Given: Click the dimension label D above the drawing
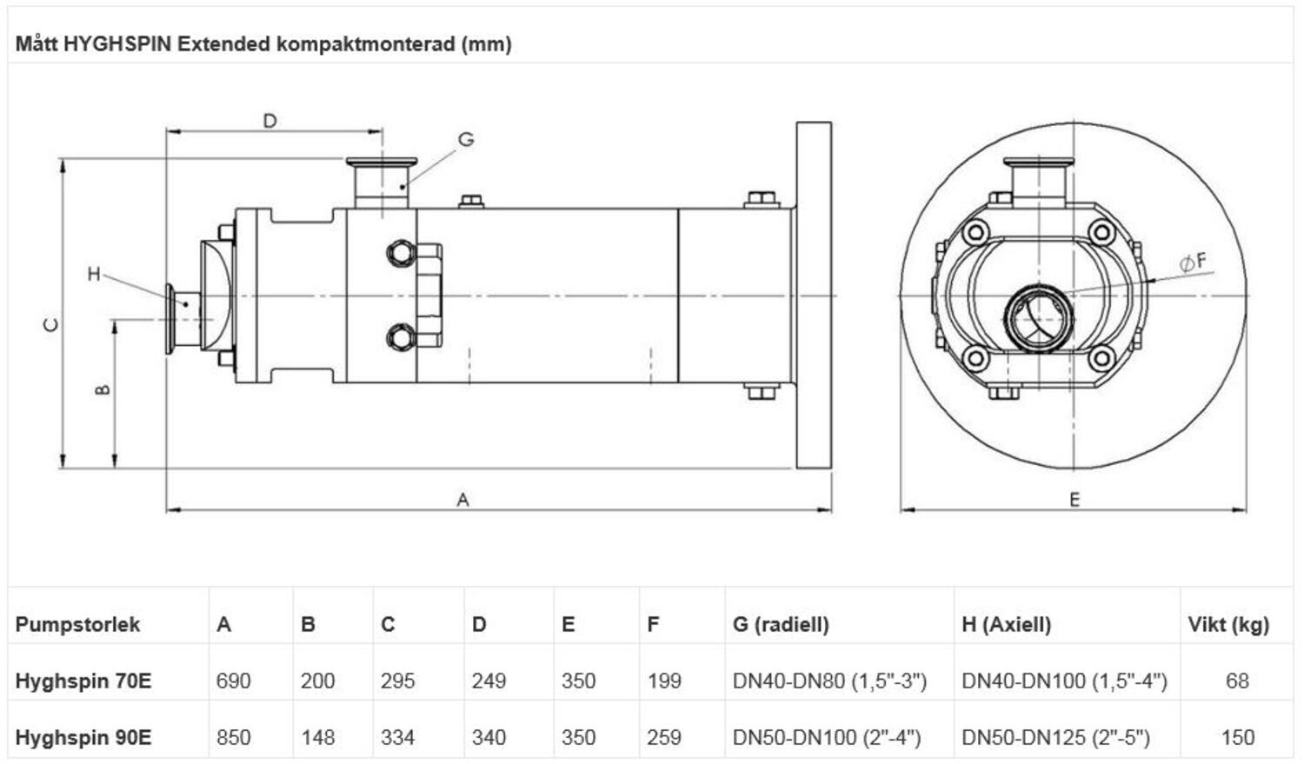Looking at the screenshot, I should tap(269, 121).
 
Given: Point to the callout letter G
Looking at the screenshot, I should tap(466, 139).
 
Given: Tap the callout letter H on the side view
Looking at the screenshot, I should tap(94, 275).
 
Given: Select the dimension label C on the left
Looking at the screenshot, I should tap(52, 325).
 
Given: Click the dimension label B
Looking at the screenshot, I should tap(103, 390).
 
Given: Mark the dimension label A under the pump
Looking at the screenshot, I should tap(462, 500).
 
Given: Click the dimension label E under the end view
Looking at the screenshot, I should tap(1074, 500).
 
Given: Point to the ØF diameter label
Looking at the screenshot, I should tap(1193, 261).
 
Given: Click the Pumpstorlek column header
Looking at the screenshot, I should tap(77, 624).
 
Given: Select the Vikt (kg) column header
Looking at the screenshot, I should tap(1228, 624).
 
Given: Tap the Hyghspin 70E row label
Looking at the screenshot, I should tap(83, 681).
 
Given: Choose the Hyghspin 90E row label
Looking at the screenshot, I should tap(83, 738).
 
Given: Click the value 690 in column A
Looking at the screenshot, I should tap(233, 681).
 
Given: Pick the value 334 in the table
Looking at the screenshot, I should tap(397, 738).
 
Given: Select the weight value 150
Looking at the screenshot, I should tap(1237, 738).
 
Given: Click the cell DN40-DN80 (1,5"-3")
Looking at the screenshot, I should tap(829, 681).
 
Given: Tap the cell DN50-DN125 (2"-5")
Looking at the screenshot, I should tap(1055, 738).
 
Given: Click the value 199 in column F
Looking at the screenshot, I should tap(664, 681).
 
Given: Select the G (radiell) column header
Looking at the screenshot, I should tap(781, 624).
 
